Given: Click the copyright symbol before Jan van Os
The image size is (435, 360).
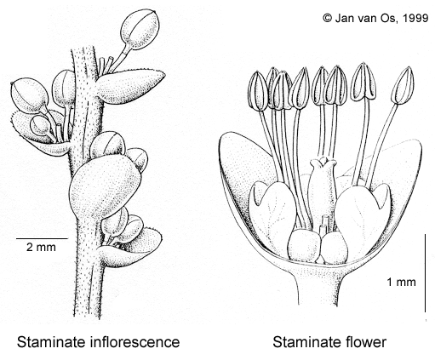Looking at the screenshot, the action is pyautogui.click(x=328, y=18).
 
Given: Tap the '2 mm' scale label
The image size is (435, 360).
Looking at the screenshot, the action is pyautogui.click(x=41, y=247).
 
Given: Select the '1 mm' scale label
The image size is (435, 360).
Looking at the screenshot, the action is pyautogui.click(x=402, y=282).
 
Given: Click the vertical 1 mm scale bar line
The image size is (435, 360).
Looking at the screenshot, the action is pyautogui.click(x=425, y=273).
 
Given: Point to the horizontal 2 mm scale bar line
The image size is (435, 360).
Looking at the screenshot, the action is pyautogui.click(x=42, y=238).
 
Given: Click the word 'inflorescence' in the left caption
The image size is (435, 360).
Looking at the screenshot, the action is pyautogui.click(x=135, y=342).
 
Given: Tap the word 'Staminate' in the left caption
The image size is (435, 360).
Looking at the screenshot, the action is pyautogui.click(x=52, y=342).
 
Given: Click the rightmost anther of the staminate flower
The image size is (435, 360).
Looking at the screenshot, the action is pyautogui.click(x=403, y=85).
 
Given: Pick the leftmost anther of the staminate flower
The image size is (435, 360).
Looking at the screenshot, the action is pyautogui.click(x=258, y=90).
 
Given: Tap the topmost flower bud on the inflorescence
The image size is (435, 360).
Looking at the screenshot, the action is pyautogui.click(x=140, y=31).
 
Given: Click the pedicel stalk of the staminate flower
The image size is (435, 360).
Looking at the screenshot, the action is pyautogui.click(x=318, y=287).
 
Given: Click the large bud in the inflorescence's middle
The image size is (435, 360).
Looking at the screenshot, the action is pyautogui.click(x=104, y=185).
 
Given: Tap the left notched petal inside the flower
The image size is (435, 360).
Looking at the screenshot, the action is pyautogui.click(x=272, y=210).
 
